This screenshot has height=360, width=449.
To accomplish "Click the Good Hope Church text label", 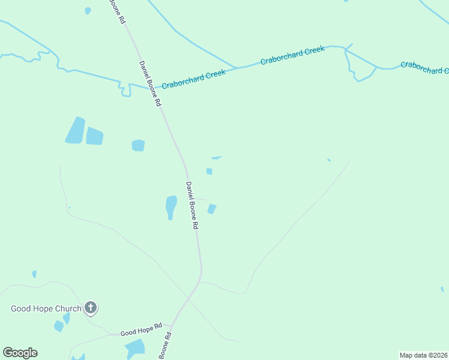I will coord(46,309).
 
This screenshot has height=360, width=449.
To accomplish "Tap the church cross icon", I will coord(91,308).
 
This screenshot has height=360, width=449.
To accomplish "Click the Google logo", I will coord(20,353).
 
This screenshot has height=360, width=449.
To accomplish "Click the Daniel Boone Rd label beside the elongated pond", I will coord(192,206).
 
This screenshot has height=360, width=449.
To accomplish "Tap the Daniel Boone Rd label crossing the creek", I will coord(151,83).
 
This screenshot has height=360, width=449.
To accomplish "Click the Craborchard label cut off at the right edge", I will coord(424,67).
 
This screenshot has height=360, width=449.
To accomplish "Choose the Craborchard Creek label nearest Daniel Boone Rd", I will coord(193,78).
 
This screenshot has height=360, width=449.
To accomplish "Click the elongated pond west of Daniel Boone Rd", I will coord(171,208).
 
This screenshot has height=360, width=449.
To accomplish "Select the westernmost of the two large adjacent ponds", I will coord(75,130).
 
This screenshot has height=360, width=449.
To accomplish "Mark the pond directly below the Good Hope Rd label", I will coord(136,347).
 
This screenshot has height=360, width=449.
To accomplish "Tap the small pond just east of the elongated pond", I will coord(211,209).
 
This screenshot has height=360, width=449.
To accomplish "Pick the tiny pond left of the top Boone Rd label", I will coord(88,10).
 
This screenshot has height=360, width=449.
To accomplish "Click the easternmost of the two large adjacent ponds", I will coord(95,136).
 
